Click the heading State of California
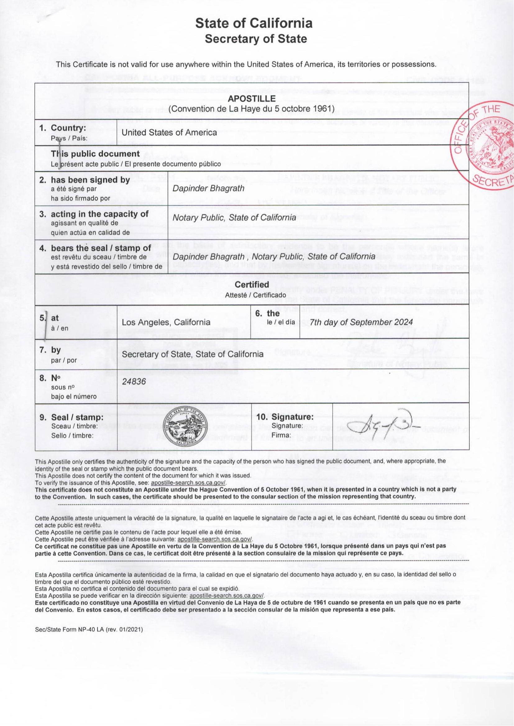point(254,23)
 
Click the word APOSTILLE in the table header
point(252,99)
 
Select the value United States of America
point(169,133)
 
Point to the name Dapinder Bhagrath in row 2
point(208,188)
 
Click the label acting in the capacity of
point(100,214)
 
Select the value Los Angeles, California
point(166,322)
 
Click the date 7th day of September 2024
point(361,322)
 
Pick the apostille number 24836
point(134,382)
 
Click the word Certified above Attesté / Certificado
point(252,285)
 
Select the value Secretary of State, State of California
point(192,354)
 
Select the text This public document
point(95,154)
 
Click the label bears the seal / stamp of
point(101,248)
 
